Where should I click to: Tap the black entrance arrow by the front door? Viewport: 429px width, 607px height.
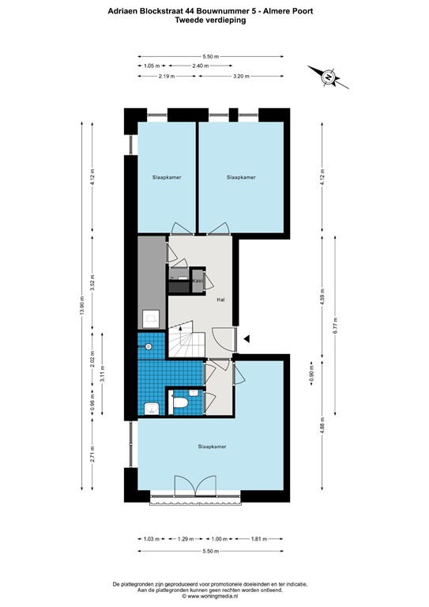(247, 339)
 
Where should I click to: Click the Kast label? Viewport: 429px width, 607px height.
(198, 281)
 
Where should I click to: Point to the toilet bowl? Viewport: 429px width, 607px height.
(180, 404)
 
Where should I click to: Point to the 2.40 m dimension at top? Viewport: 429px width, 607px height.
(201, 66)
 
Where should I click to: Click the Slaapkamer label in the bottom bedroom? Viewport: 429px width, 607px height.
(212, 447)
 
